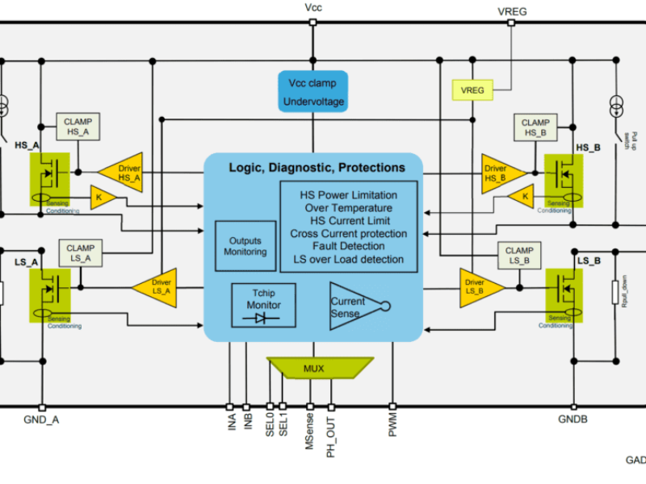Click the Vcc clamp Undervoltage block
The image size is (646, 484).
(313, 92)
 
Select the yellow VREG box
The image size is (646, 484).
(472, 90)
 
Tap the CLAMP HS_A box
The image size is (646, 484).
(78, 127)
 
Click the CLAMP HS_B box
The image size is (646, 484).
(535, 127)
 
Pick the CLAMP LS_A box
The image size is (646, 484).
(80, 252)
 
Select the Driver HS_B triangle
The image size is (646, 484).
(499, 172)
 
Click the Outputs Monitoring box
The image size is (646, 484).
(246, 246)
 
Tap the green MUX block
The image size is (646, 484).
(313, 369)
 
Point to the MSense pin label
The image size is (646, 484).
(309, 432)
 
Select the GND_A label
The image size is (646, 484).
(41, 420)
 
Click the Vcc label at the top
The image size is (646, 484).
(313, 8)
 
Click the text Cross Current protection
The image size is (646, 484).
(349, 234)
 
